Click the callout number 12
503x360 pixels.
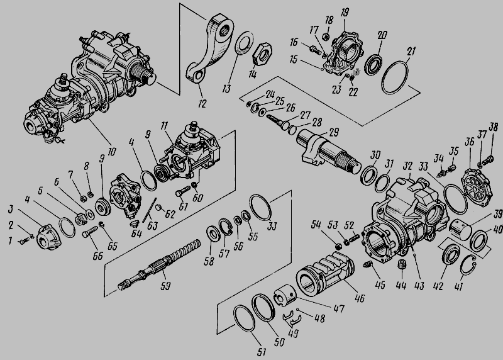[202, 103]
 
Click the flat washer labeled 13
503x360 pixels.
[245, 43]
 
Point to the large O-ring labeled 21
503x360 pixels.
[395, 77]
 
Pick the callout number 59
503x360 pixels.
[165, 286]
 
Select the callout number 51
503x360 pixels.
[262, 352]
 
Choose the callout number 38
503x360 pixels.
[493, 128]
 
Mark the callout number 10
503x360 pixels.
[111, 152]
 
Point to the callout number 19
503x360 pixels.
[345, 13]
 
